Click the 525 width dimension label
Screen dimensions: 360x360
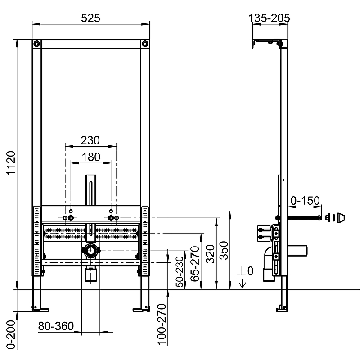click(x=91, y=18)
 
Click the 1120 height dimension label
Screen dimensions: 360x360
click(x=11, y=163)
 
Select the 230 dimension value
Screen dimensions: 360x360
click(x=90, y=140)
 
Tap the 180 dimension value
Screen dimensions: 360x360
click(x=91, y=157)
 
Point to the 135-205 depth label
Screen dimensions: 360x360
click(x=269, y=18)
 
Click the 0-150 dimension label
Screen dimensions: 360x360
click(x=305, y=201)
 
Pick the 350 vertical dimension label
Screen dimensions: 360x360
click(x=224, y=250)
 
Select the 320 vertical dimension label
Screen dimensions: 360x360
click(x=210, y=254)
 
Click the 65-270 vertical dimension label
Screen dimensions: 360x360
click(x=195, y=264)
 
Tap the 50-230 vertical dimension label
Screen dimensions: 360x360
click(x=180, y=272)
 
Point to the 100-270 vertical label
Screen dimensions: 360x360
click(x=162, y=324)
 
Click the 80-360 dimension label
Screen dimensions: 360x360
click(x=56, y=326)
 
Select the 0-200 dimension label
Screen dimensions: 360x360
click(x=11, y=335)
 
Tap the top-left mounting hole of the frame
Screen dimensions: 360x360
click(x=36, y=44)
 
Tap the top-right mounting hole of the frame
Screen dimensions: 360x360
click(x=145, y=44)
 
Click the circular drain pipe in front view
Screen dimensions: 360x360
click(x=91, y=251)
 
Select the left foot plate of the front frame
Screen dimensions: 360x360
click(x=40, y=310)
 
